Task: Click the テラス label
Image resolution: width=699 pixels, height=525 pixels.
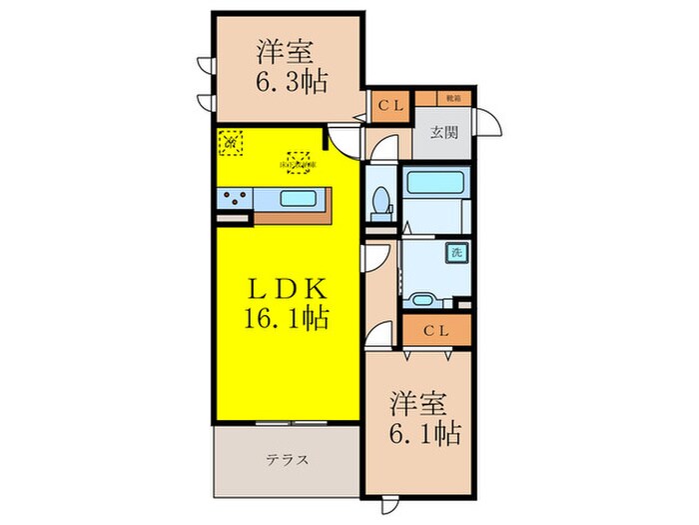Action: click(287, 460)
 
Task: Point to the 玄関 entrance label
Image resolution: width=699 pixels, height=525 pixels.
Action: click(443, 130)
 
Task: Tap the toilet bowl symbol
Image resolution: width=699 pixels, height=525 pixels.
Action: click(380, 204)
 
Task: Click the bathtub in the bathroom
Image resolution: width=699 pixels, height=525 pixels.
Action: click(435, 185)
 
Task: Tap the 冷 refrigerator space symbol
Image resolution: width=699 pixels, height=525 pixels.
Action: click(230, 143)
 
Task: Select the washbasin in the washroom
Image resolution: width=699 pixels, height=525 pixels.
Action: click(422, 298)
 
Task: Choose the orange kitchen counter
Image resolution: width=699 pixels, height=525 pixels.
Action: click(295, 211)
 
